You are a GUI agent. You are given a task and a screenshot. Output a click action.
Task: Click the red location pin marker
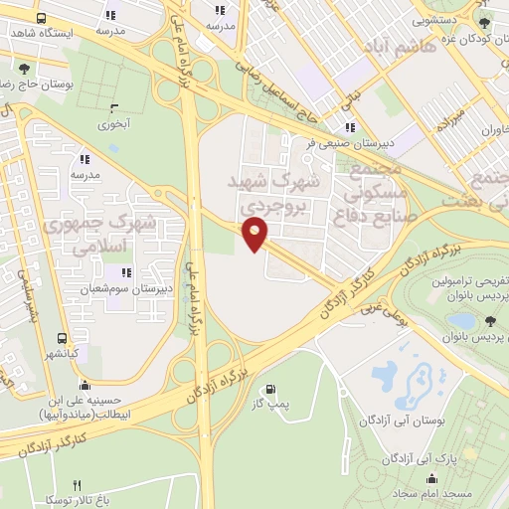pyautogui.click(x=255, y=236)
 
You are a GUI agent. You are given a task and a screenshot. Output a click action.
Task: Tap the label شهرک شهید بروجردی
pyautogui.click(x=281, y=194)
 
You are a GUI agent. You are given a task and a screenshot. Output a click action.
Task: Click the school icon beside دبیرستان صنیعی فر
pyautogui.click(x=349, y=127)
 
